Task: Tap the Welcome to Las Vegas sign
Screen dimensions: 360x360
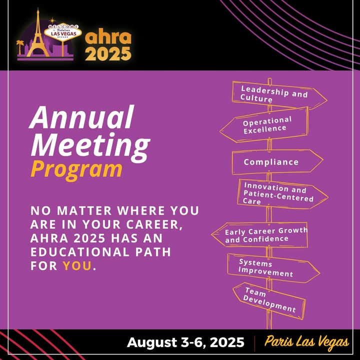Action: click(63, 32)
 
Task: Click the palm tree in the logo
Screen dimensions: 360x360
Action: click(20, 47)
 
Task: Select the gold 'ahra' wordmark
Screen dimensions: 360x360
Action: click(108, 37)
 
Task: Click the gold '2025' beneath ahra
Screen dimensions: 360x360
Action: click(108, 53)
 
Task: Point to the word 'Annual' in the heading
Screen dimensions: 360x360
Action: click(81, 117)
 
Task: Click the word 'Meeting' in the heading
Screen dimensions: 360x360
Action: click(90, 145)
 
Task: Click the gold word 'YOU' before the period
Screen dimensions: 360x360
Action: click(77, 265)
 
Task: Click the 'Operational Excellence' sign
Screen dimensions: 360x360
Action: click(264, 125)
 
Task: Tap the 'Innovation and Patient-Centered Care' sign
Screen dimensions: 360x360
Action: click(282, 194)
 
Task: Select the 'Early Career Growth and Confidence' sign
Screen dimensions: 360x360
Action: click(259, 235)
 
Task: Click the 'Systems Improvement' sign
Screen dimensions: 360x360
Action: click(273, 268)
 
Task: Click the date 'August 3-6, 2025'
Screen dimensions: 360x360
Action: click(185, 342)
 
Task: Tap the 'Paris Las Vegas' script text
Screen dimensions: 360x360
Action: click(306, 342)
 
